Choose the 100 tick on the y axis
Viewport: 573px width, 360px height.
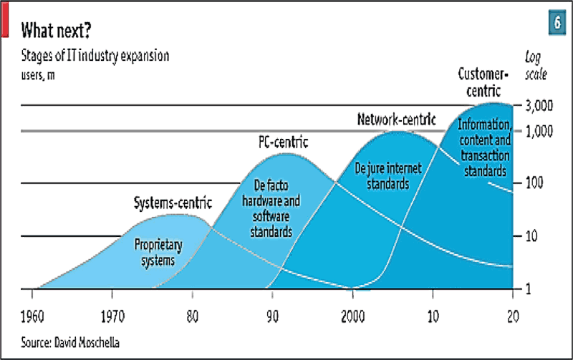[x=536, y=184]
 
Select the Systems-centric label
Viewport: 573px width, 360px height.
[x=173, y=203]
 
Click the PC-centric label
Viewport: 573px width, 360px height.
[x=283, y=142]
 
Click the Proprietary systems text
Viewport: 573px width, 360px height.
[x=158, y=252]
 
